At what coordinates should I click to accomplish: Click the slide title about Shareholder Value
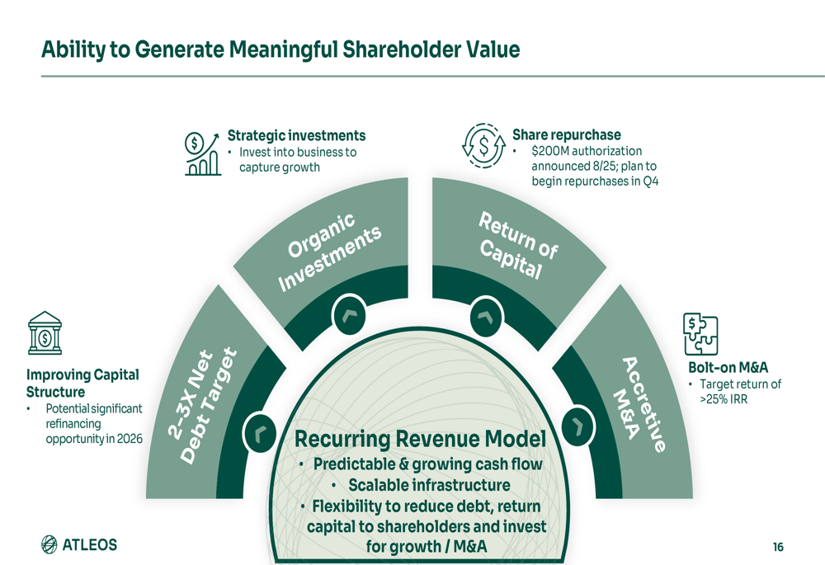280,49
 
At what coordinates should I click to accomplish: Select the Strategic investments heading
296,135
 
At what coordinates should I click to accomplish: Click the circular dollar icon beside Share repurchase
482,145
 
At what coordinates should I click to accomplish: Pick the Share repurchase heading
566,134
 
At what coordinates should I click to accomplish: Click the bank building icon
45,332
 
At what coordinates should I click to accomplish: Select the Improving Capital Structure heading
82,383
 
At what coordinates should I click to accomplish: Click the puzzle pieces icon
700,334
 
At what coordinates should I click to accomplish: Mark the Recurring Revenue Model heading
420,438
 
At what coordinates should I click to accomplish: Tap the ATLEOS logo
79,544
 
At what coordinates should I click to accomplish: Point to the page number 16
778,547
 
